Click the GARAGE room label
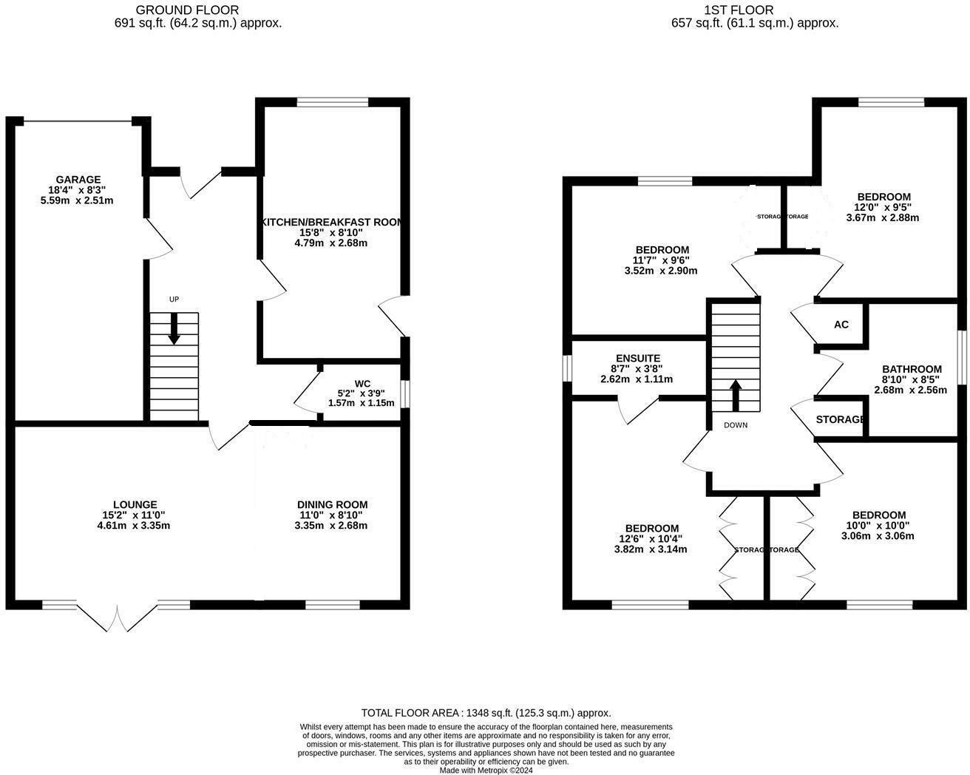(x=78, y=180)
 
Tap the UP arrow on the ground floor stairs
(x=174, y=329)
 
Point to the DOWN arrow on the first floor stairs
(x=736, y=396)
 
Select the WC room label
(x=362, y=383)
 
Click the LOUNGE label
(x=135, y=505)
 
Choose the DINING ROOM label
(x=332, y=505)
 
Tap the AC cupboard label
(x=841, y=325)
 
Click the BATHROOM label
(x=912, y=369)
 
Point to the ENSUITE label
(x=637, y=359)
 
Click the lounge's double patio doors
(x=117, y=617)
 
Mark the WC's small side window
(x=405, y=393)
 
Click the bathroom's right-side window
(x=962, y=357)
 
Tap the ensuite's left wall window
(x=567, y=369)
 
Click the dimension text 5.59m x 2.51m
(x=78, y=200)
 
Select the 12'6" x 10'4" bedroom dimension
(x=651, y=538)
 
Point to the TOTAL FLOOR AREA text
(x=486, y=713)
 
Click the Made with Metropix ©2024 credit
(x=486, y=770)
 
